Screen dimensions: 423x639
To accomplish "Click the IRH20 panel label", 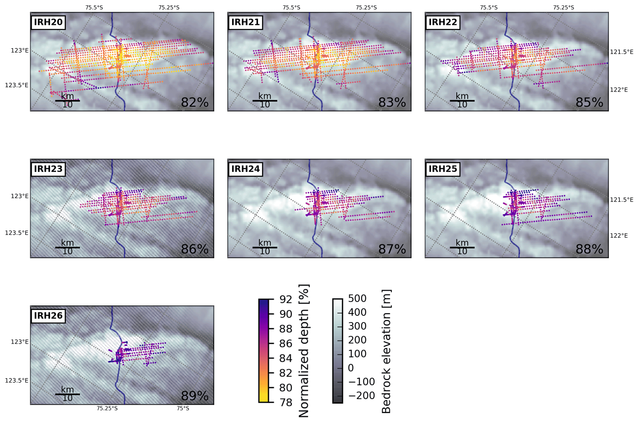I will tap(48, 22).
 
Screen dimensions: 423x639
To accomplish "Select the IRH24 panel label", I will tap(245, 169).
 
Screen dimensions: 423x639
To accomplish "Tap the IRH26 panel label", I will tap(48, 316).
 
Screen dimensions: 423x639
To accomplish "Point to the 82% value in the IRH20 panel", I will tap(195, 102).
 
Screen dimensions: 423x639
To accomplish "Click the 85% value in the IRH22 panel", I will tap(589, 102).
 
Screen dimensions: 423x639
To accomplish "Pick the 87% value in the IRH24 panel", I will tap(392, 249).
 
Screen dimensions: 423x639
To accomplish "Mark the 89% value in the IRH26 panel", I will tap(195, 396).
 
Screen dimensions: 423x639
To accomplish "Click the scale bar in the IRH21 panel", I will tap(265, 101).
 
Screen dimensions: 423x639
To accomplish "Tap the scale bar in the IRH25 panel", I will tap(462, 248).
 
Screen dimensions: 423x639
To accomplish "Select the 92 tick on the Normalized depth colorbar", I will tap(286, 299).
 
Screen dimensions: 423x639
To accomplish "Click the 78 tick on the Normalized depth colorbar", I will tap(286, 402).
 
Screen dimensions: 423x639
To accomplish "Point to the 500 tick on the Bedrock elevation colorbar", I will tap(357, 298).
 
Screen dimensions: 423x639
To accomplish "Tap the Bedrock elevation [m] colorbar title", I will tap(386, 351).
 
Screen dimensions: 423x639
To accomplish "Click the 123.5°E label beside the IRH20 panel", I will tap(16, 85).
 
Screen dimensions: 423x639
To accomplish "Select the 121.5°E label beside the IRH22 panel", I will tap(621, 52).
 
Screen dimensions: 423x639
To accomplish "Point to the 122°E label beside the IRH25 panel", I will tap(619, 236).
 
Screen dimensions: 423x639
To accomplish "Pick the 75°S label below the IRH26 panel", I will tap(183, 409).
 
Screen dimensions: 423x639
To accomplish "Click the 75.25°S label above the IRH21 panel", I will tap(366, 8).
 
